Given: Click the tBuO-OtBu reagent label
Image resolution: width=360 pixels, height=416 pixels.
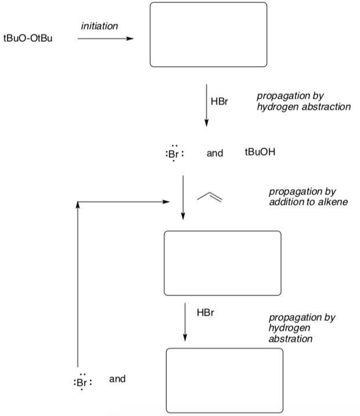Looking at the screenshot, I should [x=28, y=40].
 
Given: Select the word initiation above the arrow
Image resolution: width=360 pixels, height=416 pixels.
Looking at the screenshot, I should [x=99, y=26].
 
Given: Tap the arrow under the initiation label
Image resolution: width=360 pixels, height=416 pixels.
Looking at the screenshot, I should [x=105, y=39].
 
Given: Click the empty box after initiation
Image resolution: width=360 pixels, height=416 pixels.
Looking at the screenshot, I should [x=208, y=35].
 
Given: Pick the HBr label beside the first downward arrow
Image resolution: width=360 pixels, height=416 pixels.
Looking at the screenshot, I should [x=220, y=101].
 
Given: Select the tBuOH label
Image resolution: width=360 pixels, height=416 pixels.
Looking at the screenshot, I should [x=261, y=153].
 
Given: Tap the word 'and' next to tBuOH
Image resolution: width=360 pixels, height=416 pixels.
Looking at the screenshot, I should [x=215, y=154].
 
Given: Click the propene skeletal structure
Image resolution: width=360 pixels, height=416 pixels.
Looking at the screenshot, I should [x=210, y=197].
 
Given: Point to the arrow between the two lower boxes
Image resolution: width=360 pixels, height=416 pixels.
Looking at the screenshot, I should [x=185, y=322].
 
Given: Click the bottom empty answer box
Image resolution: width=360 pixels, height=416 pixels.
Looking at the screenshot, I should [x=224, y=380].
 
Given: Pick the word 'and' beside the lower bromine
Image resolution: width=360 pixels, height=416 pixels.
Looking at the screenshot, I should [x=118, y=379].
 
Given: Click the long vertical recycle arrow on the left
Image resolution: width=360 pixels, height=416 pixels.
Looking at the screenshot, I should [x=77, y=284].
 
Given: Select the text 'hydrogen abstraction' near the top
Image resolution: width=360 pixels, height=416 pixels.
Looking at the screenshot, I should [x=304, y=107].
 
